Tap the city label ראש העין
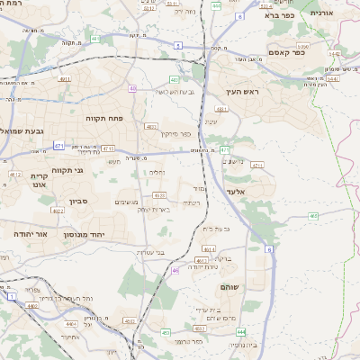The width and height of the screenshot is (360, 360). coord(241,93)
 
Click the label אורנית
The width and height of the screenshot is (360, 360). coord(321,13)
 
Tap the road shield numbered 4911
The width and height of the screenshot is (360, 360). coord(66,79)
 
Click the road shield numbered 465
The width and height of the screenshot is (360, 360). coord(313,216)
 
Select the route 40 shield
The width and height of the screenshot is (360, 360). coord(132,88)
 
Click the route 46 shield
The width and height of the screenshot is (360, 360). coord(175,269)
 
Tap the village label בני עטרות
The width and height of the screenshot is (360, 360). coord(150,252)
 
